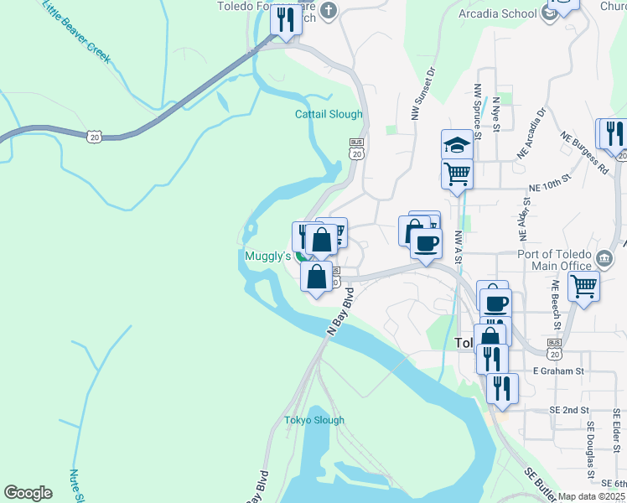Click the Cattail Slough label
329,114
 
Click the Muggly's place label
267,255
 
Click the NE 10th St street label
549,179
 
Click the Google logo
28,493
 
